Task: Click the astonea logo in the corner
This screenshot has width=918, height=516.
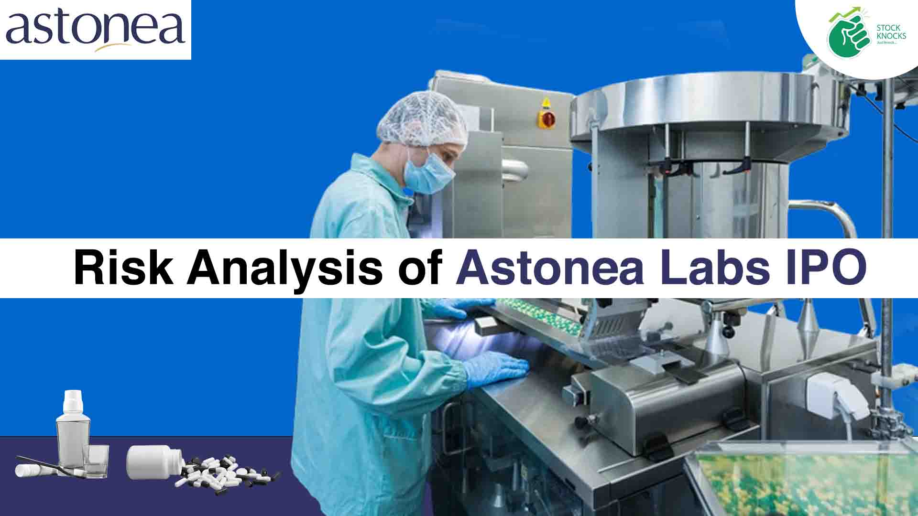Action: [95, 30]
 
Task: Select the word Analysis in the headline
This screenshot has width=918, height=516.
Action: [284, 268]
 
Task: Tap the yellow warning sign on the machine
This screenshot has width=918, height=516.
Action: [546, 103]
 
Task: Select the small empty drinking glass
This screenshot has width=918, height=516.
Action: [96, 461]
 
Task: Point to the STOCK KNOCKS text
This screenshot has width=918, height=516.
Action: [891, 32]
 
